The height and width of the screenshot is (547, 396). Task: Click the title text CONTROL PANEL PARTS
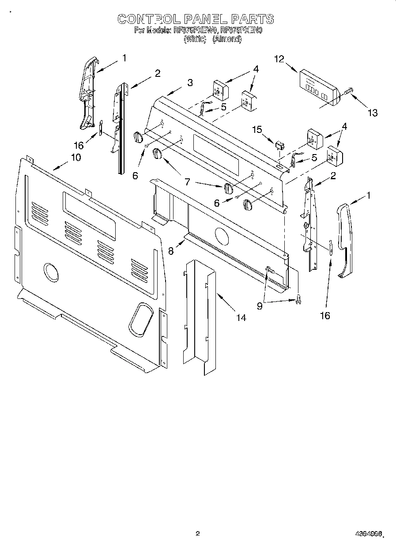[195, 19]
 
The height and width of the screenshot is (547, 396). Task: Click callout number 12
[279, 59]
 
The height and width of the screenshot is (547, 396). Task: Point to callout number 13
[373, 113]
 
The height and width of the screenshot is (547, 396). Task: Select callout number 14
[241, 317]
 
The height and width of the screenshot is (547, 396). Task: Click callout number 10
[75, 157]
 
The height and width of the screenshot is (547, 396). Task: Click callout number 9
[260, 306]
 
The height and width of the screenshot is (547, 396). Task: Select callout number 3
[190, 82]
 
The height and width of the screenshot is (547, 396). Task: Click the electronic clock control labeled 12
[317, 87]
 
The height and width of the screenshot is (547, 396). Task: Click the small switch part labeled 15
[279, 145]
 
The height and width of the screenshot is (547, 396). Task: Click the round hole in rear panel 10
[52, 272]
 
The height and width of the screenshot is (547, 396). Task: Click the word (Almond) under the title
[227, 39]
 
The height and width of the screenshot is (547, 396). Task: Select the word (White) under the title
[195, 39]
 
